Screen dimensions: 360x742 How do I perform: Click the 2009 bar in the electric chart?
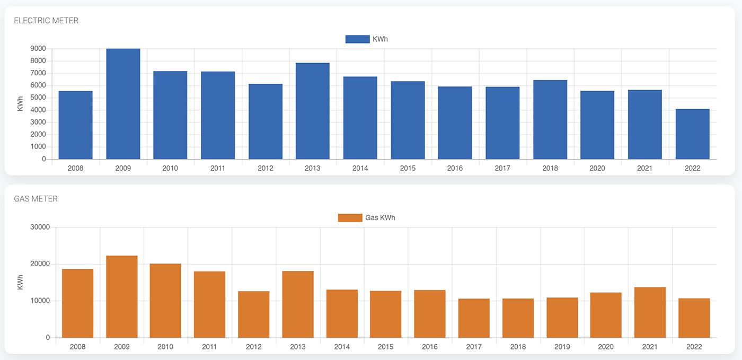point(123,104)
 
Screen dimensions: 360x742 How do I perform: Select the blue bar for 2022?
point(692,134)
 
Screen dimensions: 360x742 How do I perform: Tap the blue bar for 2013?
point(313,111)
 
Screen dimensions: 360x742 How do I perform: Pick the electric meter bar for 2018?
point(550,120)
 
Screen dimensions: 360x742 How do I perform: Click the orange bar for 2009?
point(122,297)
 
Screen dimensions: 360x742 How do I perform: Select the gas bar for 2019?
point(562,318)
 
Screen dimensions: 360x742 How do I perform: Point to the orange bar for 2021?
point(650,312)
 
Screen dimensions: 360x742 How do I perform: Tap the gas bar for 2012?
point(254,314)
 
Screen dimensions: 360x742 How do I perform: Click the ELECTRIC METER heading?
point(46,21)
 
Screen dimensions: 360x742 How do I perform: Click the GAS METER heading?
point(36,199)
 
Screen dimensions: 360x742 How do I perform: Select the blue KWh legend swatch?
point(357,39)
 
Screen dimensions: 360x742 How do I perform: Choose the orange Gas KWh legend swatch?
point(350,218)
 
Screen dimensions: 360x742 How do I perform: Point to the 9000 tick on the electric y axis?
point(38,49)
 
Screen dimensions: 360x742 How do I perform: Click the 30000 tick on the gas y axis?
point(41,227)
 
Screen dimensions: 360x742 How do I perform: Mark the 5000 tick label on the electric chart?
point(38,98)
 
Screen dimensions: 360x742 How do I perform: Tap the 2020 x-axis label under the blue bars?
point(597,168)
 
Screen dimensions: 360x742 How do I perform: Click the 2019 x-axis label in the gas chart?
point(562,347)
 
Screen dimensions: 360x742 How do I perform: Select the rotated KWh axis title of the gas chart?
point(20,282)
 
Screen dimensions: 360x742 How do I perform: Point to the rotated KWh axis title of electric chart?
point(20,103)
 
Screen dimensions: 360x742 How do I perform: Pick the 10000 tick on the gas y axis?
point(41,301)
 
